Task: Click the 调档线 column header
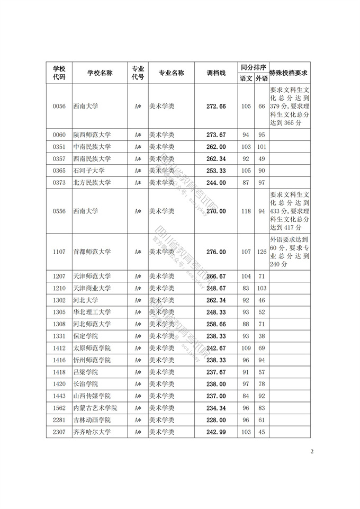[x=216, y=73]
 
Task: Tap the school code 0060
[x=59, y=135]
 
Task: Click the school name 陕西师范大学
[x=92, y=135]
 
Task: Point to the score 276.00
[x=216, y=252]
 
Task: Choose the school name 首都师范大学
[x=92, y=252]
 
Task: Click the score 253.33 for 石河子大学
[x=216, y=171]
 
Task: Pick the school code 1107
[x=59, y=252]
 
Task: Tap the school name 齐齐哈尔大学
[x=92, y=432]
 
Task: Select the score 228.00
[x=216, y=420]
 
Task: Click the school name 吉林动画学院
[x=92, y=420]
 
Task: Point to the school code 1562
[x=59, y=408]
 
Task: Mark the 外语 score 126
[x=262, y=252]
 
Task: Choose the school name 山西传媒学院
[x=92, y=396]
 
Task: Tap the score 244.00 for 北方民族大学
[x=216, y=183]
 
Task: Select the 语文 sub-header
[x=246, y=78]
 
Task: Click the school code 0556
[x=59, y=211]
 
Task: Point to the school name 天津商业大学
[x=92, y=288]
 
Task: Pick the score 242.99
[x=216, y=432]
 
